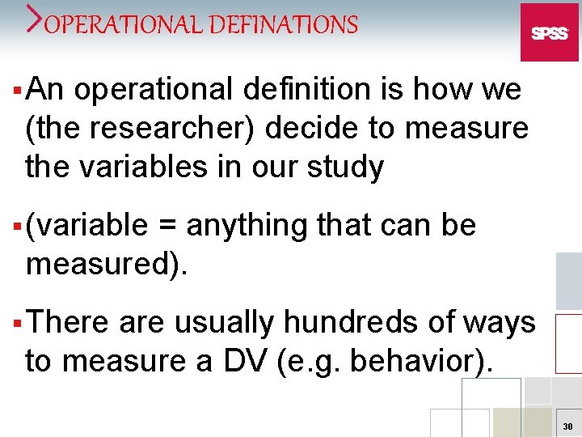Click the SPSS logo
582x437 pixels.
point(549,32)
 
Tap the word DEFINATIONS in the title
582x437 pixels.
point(283,25)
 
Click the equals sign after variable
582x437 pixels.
point(167,225)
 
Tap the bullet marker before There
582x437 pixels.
point(18,322)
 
